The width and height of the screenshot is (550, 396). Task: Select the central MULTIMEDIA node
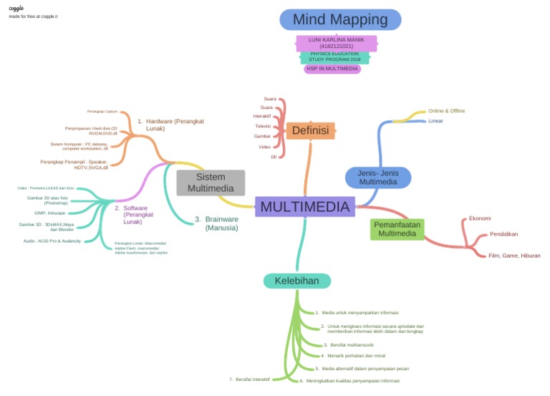[305, 207]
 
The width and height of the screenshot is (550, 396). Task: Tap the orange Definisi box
[310, 130]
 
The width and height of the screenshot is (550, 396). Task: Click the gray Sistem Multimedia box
[211, 183]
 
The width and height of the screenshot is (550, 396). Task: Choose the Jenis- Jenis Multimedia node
[378, 177]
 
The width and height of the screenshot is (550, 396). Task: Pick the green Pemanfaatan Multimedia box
[397, 229]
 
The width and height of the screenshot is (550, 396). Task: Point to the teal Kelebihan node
[297, 281]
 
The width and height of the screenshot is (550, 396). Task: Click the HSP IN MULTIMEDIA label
[332, 69]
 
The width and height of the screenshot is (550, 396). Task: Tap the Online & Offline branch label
[446, 111]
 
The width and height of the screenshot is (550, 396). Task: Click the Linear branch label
[435, 121]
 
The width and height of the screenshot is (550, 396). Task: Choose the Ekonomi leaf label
[479, 218]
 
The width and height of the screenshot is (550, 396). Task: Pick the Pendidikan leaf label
[503, 234]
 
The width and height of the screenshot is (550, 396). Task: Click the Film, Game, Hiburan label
[513, 256]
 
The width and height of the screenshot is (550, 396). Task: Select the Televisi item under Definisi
[263, 126]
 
